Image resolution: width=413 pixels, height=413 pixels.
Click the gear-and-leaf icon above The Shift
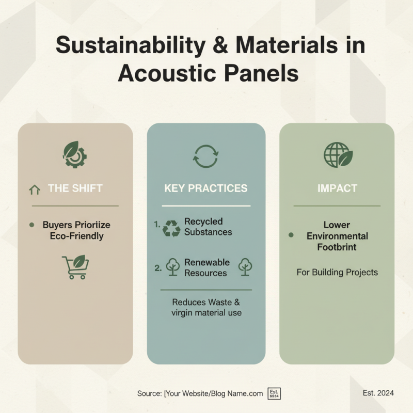click(x=75, y=154)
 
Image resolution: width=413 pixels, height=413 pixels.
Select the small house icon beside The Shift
click(x=35, y=189)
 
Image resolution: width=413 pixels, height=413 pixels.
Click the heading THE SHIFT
click(x=75, y=188)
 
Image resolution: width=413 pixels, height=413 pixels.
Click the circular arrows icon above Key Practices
click(x=205, y=155)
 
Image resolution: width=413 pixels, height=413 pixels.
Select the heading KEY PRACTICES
click(x=205, y=188)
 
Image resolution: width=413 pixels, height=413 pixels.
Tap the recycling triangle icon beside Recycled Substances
click(x=171, y=228)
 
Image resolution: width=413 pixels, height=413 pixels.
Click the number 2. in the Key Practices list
click(x=158, y=268)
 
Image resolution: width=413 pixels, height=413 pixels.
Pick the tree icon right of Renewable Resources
click(x=245, y=266)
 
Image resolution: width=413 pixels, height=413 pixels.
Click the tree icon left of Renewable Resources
click(x=172, y=267)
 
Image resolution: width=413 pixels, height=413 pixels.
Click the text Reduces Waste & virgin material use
click(x=206, y=308)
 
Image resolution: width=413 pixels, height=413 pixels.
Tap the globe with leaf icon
click(x=338, y=154)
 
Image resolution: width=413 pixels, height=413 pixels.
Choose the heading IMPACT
click(x=337, y=188)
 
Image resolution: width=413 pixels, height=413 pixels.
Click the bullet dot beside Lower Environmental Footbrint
click(x=291, y=235)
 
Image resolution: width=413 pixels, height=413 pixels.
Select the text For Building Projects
click(x=337, y=272)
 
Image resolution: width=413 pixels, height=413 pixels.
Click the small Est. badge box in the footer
click(x=274, y=393)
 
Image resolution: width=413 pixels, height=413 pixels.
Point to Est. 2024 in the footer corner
click(x=378, y=393)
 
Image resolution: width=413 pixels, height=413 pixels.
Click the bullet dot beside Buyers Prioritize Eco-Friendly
click(x=32, y=225)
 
